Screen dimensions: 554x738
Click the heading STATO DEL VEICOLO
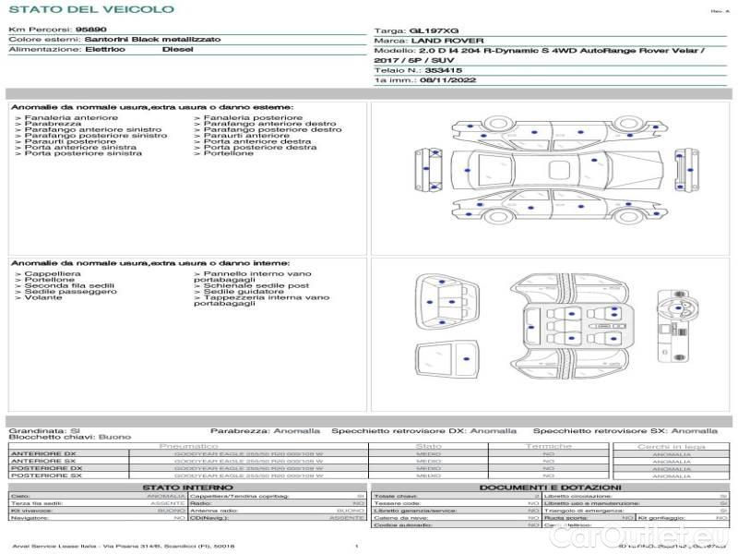tap(91, 9)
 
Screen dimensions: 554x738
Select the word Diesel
tap(177, 49)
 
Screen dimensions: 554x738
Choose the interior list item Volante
tap(43, 298)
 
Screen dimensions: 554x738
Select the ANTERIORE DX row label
tap(43, 454)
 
